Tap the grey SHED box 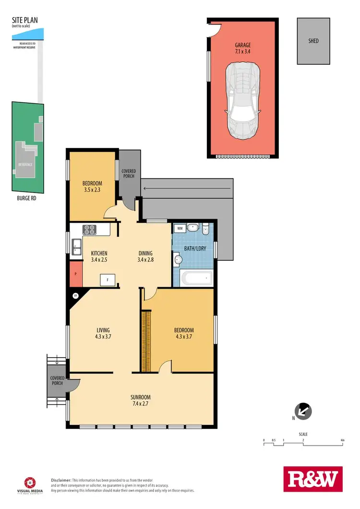tap(313, 41)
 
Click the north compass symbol tap(304, 411)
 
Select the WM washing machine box tap(180, 229)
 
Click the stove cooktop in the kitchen tap(90, 229)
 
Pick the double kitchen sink tap(77, 247)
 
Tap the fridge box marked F tap(108, 279)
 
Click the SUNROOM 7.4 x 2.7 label tap(141, 400)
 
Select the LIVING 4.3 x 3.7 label tap(103, 333)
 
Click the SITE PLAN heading tap(24, 21)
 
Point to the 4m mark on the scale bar tap(342, 440)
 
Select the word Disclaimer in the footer tap(61, 480)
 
